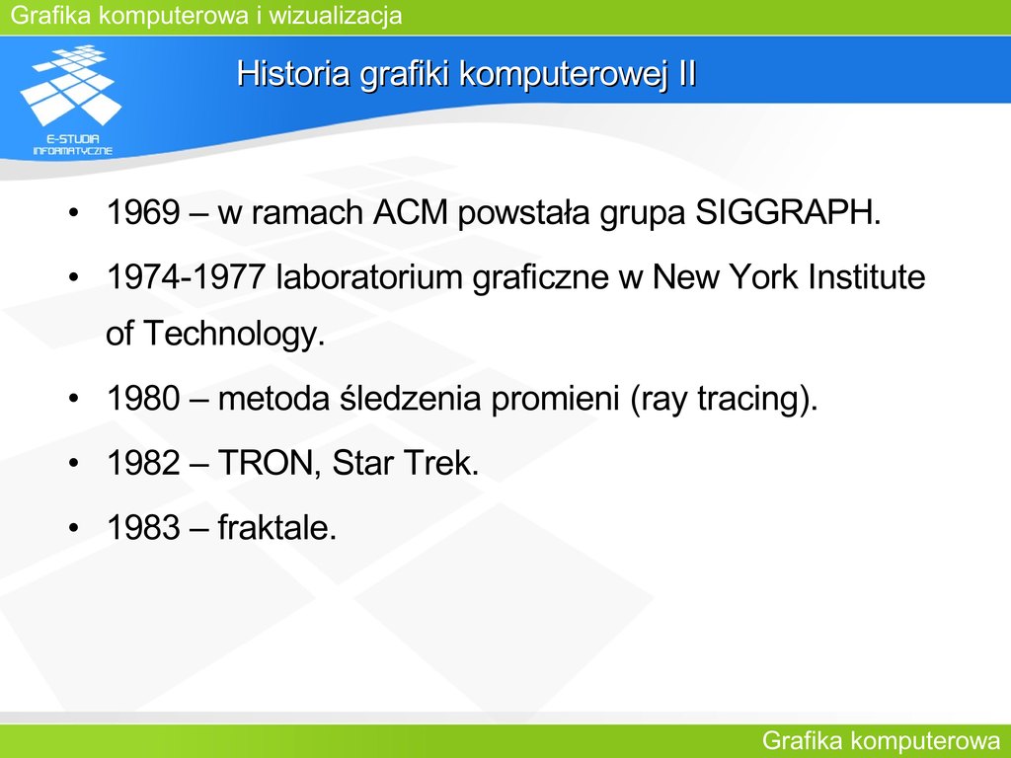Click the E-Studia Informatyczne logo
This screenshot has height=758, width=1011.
[71, 100]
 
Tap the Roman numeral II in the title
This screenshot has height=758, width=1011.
[687, 73]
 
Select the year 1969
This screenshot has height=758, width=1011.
[143, 212]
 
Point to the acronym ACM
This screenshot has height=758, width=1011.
[410, 212]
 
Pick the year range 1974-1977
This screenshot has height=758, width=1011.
[187, 277]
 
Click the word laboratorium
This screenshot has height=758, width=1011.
[369, 277]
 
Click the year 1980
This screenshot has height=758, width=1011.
[143, 399]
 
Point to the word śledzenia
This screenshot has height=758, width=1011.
[410, 398]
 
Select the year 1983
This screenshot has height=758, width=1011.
[143, 527]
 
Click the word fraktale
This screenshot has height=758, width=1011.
[277, 527]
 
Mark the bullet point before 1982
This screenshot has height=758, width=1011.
[73, 464]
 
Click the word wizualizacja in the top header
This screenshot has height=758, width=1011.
[336, 16]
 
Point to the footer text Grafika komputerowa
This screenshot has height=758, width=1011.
[882, 741]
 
